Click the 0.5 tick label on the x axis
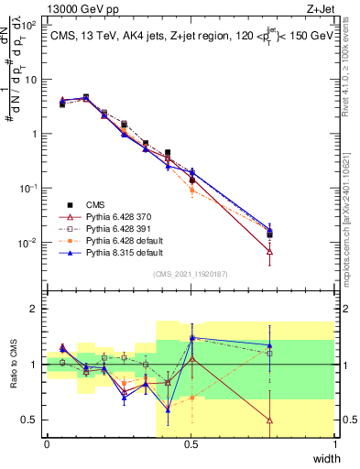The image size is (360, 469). click(x=191, y=444)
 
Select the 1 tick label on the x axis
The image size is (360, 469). click(x=334, y=444)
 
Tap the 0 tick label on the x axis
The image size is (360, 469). click(x=47, y=444)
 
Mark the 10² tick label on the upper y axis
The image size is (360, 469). click(x=30, y=25)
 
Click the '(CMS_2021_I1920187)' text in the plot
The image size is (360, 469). click(x=191, y=273)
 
